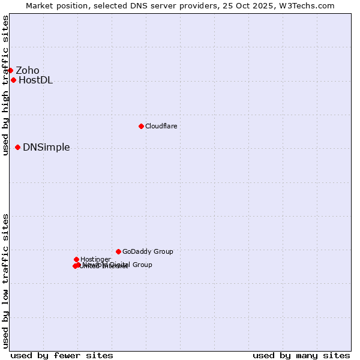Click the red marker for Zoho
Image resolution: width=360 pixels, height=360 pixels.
click(x=10, y=71)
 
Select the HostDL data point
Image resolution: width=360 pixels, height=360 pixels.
click(x=13, y=80)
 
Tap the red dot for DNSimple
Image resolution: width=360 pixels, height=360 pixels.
click(x=17, y=148)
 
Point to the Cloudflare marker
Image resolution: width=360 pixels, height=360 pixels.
click(x=141, y=126)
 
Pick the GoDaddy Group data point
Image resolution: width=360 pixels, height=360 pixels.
click(x=118, y=252)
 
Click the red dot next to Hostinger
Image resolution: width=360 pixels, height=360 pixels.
click(x=76, y=259)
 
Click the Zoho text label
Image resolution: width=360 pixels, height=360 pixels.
click(x=28, y=71)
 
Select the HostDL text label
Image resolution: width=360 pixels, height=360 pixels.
click(x=35, y=80)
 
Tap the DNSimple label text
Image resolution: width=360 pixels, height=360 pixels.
click(x=46, y=148)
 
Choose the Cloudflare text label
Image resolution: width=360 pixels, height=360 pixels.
click(x=161, y=126)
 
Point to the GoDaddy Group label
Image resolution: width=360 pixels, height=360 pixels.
click(x=148, y=252)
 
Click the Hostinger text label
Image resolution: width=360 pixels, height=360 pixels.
click(x=95, y=259)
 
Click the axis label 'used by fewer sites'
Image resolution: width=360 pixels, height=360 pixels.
click(x=62, y=355)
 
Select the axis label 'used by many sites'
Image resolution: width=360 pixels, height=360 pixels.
click(x=301, y=355)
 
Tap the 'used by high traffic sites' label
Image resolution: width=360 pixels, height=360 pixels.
click(x=5, y=85)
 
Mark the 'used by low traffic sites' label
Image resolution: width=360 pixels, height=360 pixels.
click(x=5, y=281)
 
